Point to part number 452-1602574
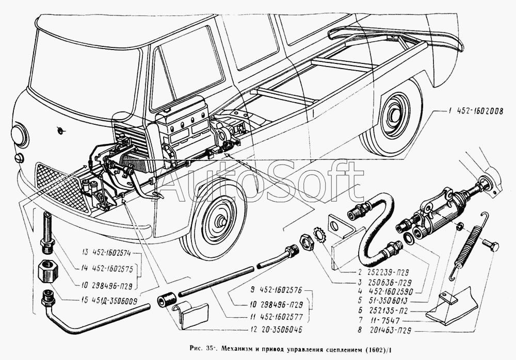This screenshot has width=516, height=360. (112, 253)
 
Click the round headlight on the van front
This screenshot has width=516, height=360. (21, 135)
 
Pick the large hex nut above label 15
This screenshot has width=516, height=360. (48, 270)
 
